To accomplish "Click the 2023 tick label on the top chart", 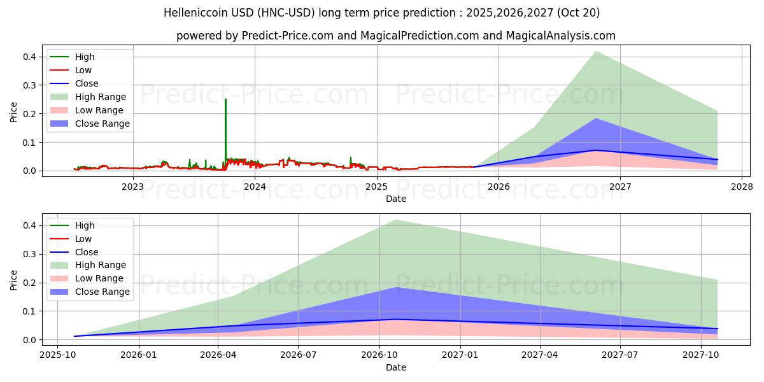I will point(132,187).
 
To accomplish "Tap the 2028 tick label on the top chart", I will point(742,187).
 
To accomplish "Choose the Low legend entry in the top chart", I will point(83,70).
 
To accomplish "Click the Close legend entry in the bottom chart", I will point(87,252).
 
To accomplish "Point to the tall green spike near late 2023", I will point(225,100).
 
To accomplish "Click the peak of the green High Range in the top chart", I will point(596,52).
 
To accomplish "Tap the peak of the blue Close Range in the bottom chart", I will point(396,288).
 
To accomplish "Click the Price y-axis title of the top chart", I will point(14,112).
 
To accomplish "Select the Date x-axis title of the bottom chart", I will point(396,367).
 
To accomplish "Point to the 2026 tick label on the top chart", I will point(499,187).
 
